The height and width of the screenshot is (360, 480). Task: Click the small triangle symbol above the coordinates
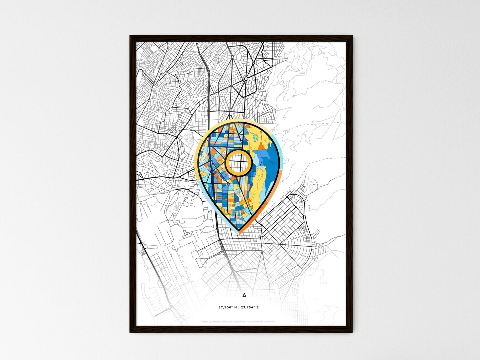point(244,295)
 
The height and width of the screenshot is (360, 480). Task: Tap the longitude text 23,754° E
point(249,308)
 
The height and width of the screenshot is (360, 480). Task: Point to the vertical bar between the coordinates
point(239,308)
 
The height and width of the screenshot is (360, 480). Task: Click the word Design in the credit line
point(205,322)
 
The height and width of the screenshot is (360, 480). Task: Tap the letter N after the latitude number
point(235,308)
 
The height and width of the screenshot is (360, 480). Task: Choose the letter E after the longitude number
point(257,308)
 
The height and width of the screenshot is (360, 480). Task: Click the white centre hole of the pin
point(238,162)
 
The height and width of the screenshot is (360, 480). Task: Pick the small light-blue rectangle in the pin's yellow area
point(253,136)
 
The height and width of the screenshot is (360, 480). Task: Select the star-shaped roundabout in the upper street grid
point(245,79)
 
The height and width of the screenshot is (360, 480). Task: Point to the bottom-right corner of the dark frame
point(352,332)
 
